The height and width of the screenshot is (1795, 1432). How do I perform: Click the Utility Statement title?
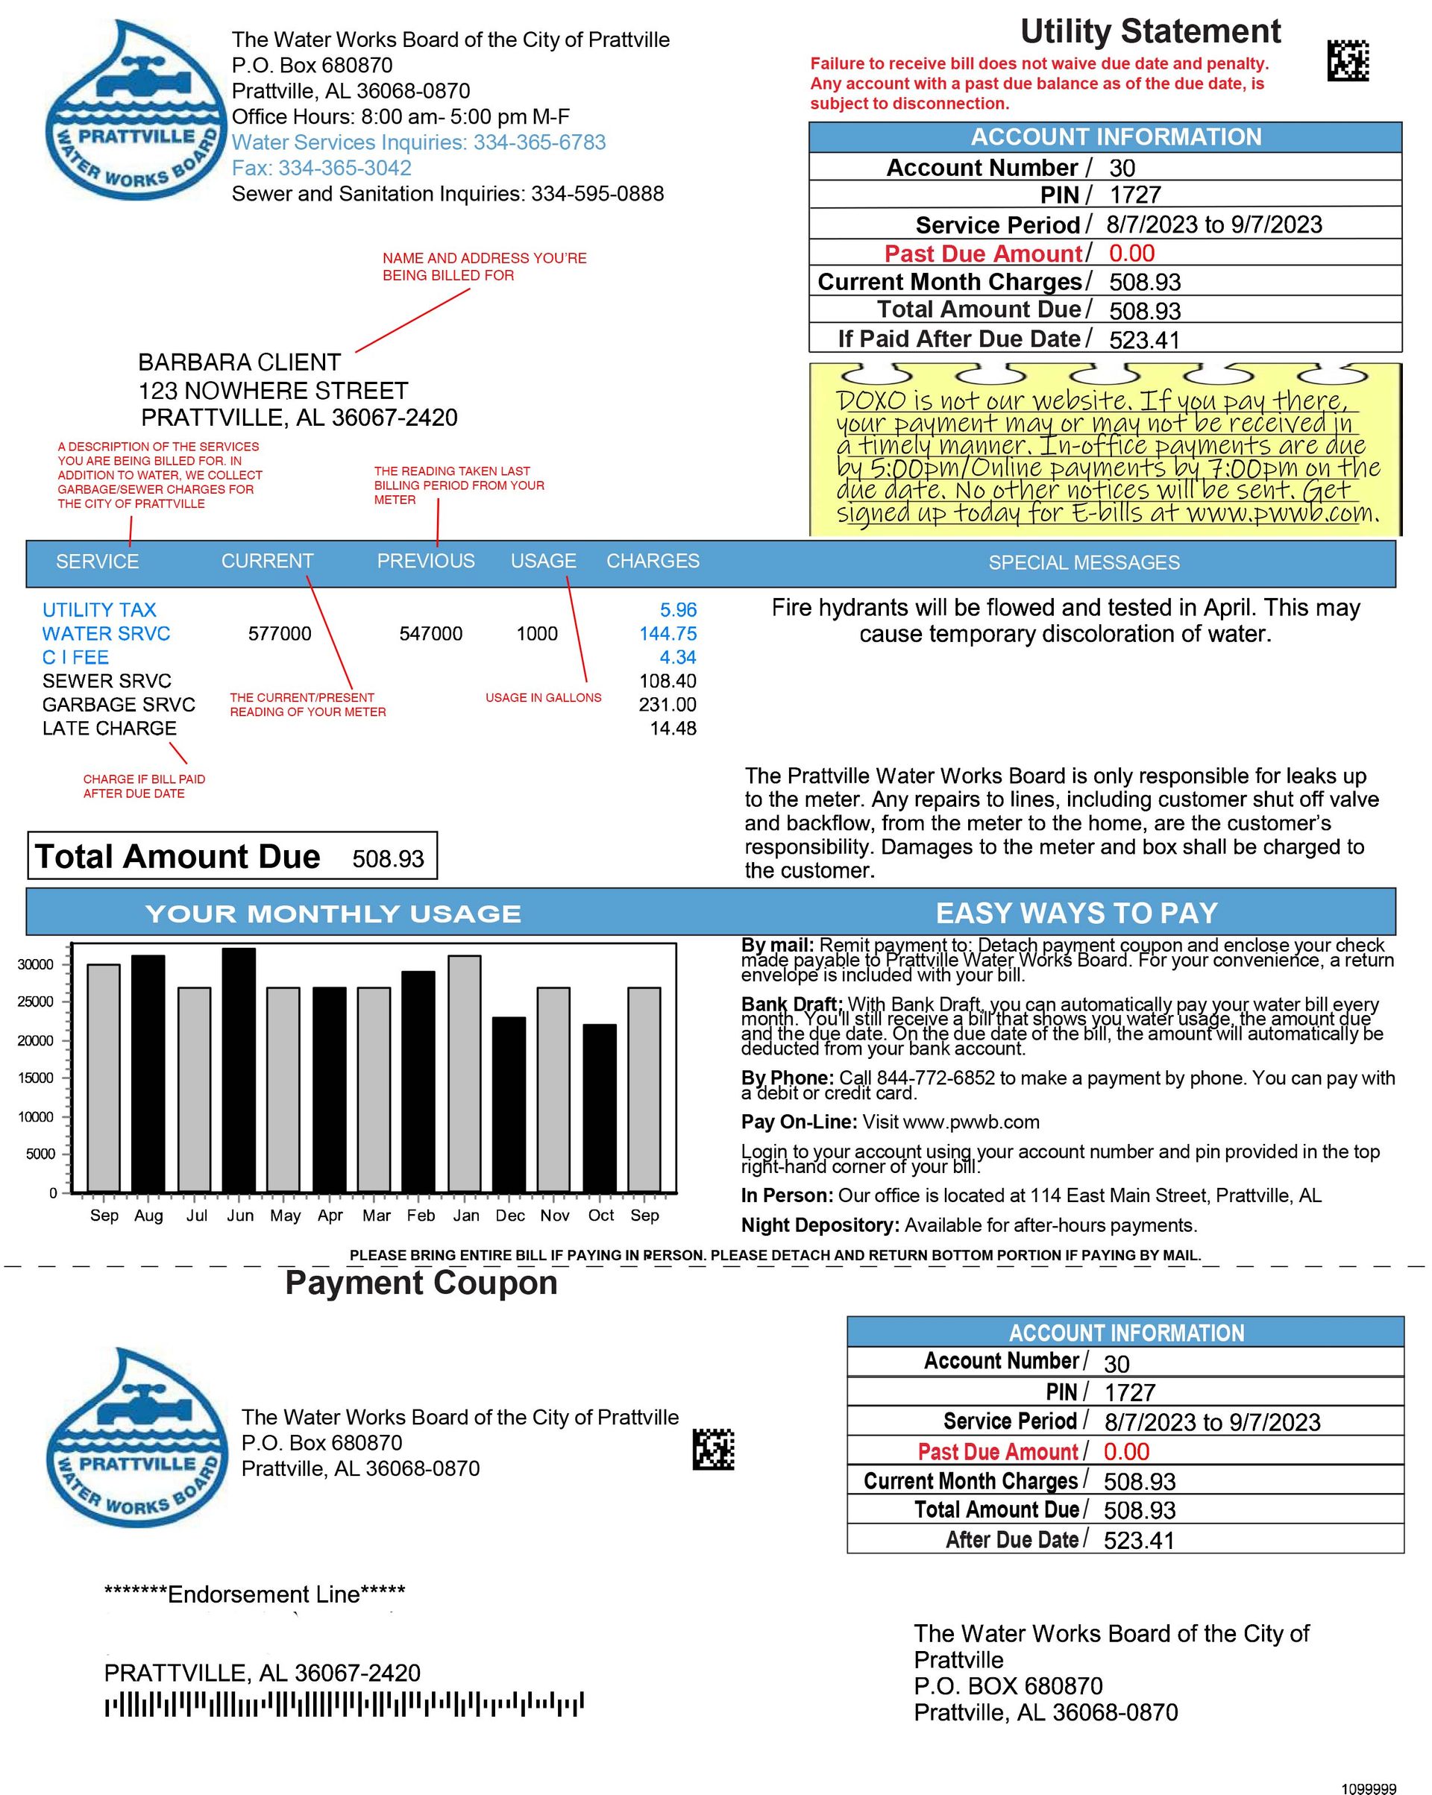pos(1150,31)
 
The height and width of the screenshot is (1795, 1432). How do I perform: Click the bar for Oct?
pos(600,1107)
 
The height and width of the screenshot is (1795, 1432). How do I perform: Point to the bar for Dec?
pos(509,1104)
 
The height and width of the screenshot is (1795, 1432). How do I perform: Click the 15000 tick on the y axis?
pos(36,1078)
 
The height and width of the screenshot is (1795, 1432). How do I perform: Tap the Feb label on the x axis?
pos(421,1216)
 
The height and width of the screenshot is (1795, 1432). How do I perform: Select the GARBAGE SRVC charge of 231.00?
pos(667,704)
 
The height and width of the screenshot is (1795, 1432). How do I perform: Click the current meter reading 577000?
pos(280,634)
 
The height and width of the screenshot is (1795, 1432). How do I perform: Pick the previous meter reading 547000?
pos(430,634)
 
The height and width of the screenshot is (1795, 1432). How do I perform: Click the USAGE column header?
pos(543,561)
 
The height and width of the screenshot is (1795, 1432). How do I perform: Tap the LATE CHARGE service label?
pos(109,729)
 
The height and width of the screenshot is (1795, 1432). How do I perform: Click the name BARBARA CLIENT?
pos(239,362)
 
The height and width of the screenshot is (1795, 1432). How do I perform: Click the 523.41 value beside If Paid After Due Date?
pos(1144,339)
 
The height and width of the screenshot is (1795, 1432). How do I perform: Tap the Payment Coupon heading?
pos(421,1283)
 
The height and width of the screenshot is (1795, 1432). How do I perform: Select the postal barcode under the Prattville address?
pos(344,1703)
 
